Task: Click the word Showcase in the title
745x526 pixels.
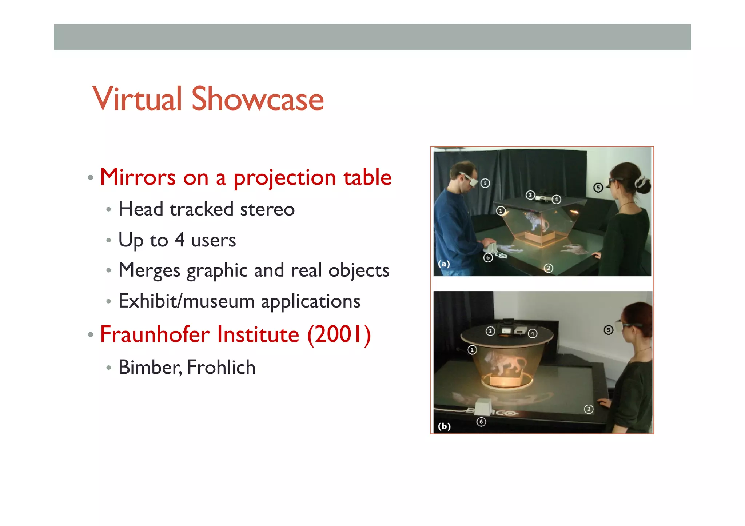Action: coord(257,99)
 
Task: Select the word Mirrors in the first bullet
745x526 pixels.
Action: coord(138,177)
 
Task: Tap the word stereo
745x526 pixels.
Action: coord(267,209)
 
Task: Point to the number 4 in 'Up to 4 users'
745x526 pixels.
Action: coord(179,240)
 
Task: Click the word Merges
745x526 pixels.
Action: coord(149,270)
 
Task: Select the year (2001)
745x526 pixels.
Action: coord(339,334)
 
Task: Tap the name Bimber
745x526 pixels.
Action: coord(149,367)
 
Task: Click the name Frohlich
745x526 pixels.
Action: coord(221,367)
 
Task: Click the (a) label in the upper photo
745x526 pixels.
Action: coord(444,264)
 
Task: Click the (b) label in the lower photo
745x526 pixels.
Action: coord(444,426)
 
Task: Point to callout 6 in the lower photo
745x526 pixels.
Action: coord(481,422)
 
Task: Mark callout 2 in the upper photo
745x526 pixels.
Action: coord(548,268)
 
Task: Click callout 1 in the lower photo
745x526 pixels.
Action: coord(472,350)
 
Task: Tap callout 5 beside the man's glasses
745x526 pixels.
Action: coord(485,183)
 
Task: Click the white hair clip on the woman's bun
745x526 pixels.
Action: coord(642,181)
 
